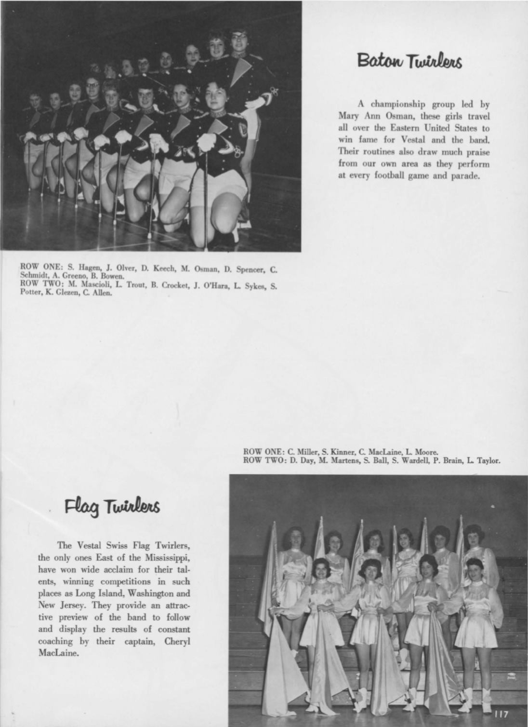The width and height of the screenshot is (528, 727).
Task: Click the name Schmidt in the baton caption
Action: click(x=30, y=276)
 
